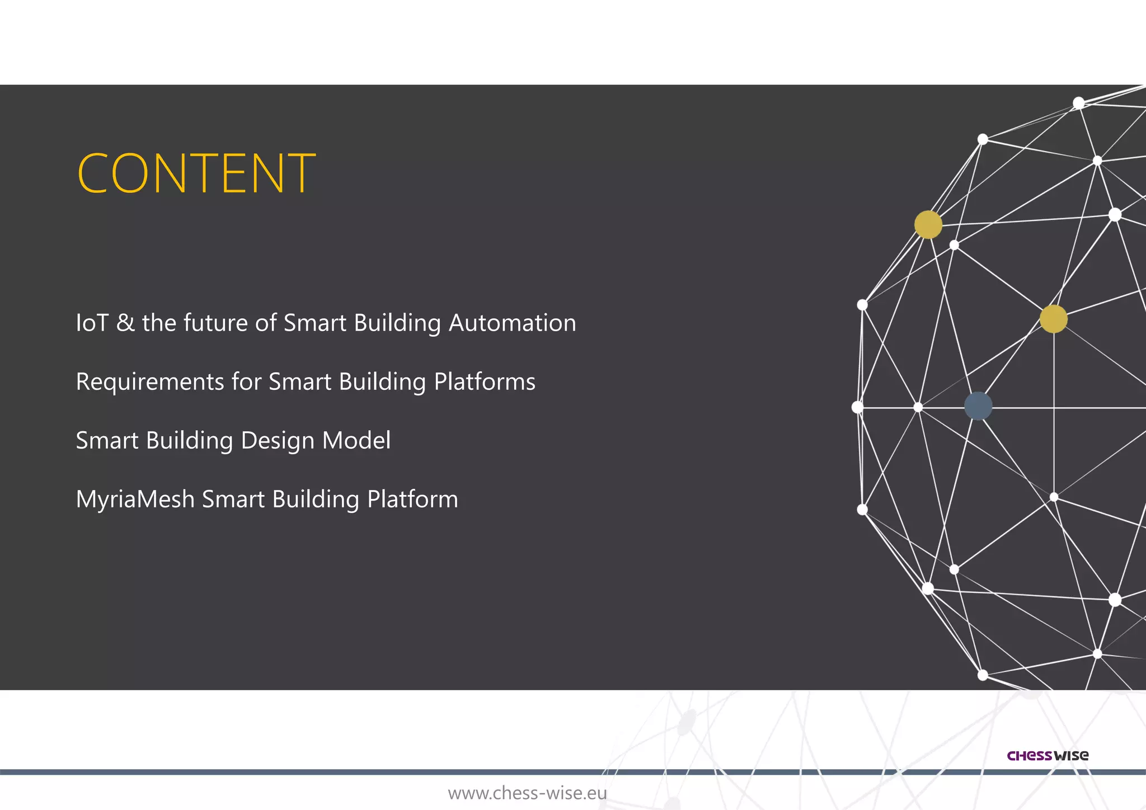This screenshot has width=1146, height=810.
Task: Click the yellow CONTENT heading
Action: click(x=196, y=173)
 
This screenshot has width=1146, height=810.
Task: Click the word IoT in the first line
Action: click(x=92, y=323)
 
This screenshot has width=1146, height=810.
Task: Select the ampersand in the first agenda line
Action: click(x=125, y=323)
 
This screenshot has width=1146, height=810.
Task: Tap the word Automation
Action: click(x=512, y=323)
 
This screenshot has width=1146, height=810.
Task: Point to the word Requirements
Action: click(x=149, y=382)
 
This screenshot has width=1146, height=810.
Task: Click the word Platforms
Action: click(x=485, y=382)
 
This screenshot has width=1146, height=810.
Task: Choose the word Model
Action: click(x=356, y=441)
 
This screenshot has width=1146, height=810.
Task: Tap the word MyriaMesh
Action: click(x=135, y=500)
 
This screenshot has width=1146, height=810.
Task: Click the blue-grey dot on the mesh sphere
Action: click(x=978, y=406)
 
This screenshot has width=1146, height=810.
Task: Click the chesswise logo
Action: click(x=1048, y=756)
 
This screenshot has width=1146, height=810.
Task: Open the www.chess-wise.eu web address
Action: click(x=527, y=793)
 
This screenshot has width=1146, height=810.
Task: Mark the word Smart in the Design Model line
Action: click(x=107, y=441)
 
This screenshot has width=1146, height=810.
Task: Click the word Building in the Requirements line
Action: click(x=382, y=382)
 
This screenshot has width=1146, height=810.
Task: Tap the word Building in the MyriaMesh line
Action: click(x=316, y=500)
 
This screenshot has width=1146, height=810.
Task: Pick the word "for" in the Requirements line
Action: click(x=246, y=382)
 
